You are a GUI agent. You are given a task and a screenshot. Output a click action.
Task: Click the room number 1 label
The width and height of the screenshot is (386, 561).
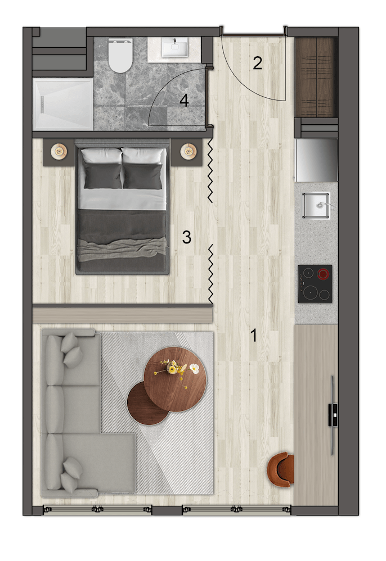254,336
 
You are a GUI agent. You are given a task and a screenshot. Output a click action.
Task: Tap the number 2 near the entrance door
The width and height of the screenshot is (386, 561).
258,63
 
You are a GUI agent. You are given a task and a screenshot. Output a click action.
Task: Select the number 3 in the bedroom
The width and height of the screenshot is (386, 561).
187,237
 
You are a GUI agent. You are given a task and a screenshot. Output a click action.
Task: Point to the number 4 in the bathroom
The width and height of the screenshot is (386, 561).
184,101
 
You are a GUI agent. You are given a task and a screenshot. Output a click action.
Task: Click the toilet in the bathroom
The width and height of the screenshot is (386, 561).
120,55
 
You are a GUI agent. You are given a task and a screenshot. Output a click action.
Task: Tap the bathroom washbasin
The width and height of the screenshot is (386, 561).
175,48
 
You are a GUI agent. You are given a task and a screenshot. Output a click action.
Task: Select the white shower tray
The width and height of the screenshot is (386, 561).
63,104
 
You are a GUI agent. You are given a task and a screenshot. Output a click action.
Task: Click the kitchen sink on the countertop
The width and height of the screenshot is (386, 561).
316,205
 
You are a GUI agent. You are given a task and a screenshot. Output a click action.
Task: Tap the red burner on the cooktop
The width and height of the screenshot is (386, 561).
324,274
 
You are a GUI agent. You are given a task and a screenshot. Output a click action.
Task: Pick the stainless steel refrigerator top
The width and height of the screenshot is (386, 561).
316,160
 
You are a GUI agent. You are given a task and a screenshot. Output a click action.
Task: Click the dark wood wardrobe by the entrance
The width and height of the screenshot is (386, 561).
316,77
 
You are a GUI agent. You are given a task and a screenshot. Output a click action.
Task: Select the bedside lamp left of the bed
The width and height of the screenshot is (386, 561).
59,151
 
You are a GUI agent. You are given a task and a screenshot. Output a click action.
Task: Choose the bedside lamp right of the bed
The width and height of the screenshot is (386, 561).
188,151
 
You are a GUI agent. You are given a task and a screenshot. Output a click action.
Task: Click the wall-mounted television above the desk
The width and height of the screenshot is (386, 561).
333,415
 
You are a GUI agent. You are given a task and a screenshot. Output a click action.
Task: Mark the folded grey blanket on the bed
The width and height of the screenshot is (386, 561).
123,249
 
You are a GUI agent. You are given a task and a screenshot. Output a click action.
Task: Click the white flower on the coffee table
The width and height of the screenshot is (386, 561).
194,368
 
